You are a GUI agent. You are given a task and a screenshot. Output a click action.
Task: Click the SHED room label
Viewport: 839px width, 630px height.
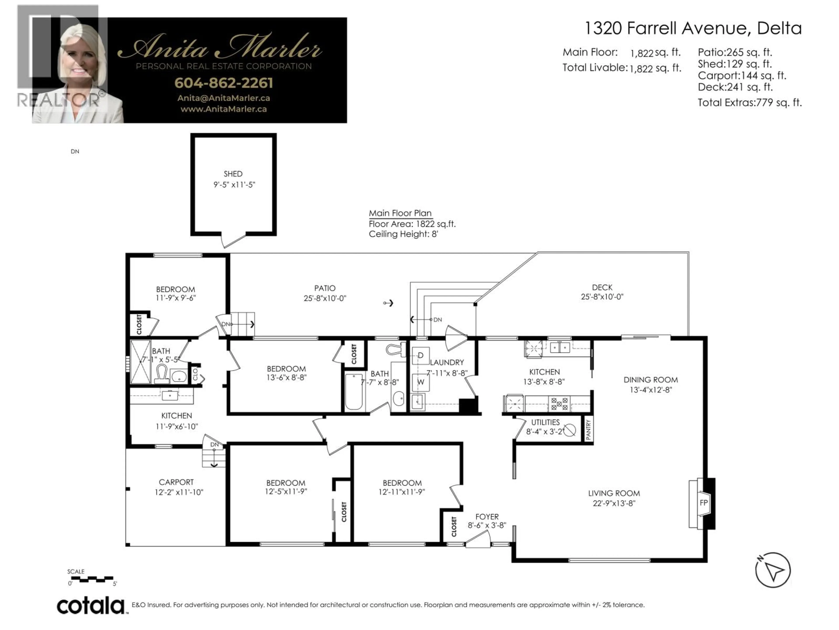pos(233,174)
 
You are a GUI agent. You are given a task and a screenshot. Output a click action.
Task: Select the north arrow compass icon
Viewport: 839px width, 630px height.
pos(773,570)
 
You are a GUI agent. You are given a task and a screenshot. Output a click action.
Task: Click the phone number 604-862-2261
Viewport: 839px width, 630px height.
pos(224,83)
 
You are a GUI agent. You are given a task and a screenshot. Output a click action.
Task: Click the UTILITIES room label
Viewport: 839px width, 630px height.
pos(545,422)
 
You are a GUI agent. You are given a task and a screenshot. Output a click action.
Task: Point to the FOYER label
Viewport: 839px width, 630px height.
pos(487,517)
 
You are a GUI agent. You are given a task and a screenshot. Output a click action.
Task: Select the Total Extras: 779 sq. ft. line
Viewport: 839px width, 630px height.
pos(750,103)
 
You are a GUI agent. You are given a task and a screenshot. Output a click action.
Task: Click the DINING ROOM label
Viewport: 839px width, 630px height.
pos(650,380)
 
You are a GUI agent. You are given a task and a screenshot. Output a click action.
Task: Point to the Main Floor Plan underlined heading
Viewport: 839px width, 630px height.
pos(400,213)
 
